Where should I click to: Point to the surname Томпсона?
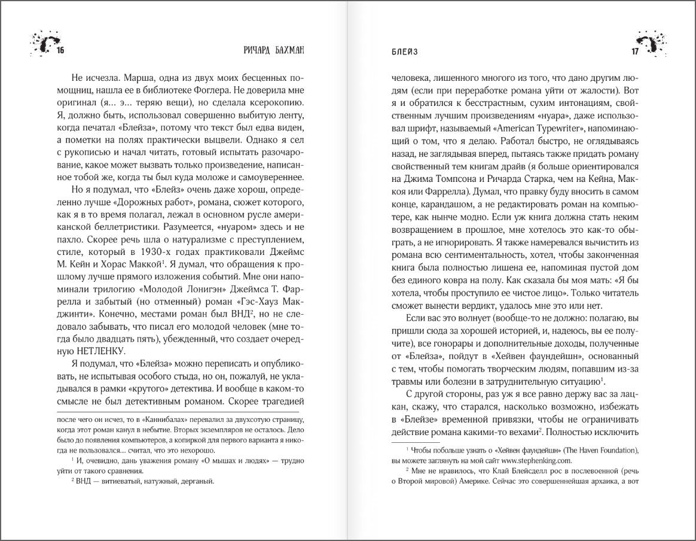tap(460, 181)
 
